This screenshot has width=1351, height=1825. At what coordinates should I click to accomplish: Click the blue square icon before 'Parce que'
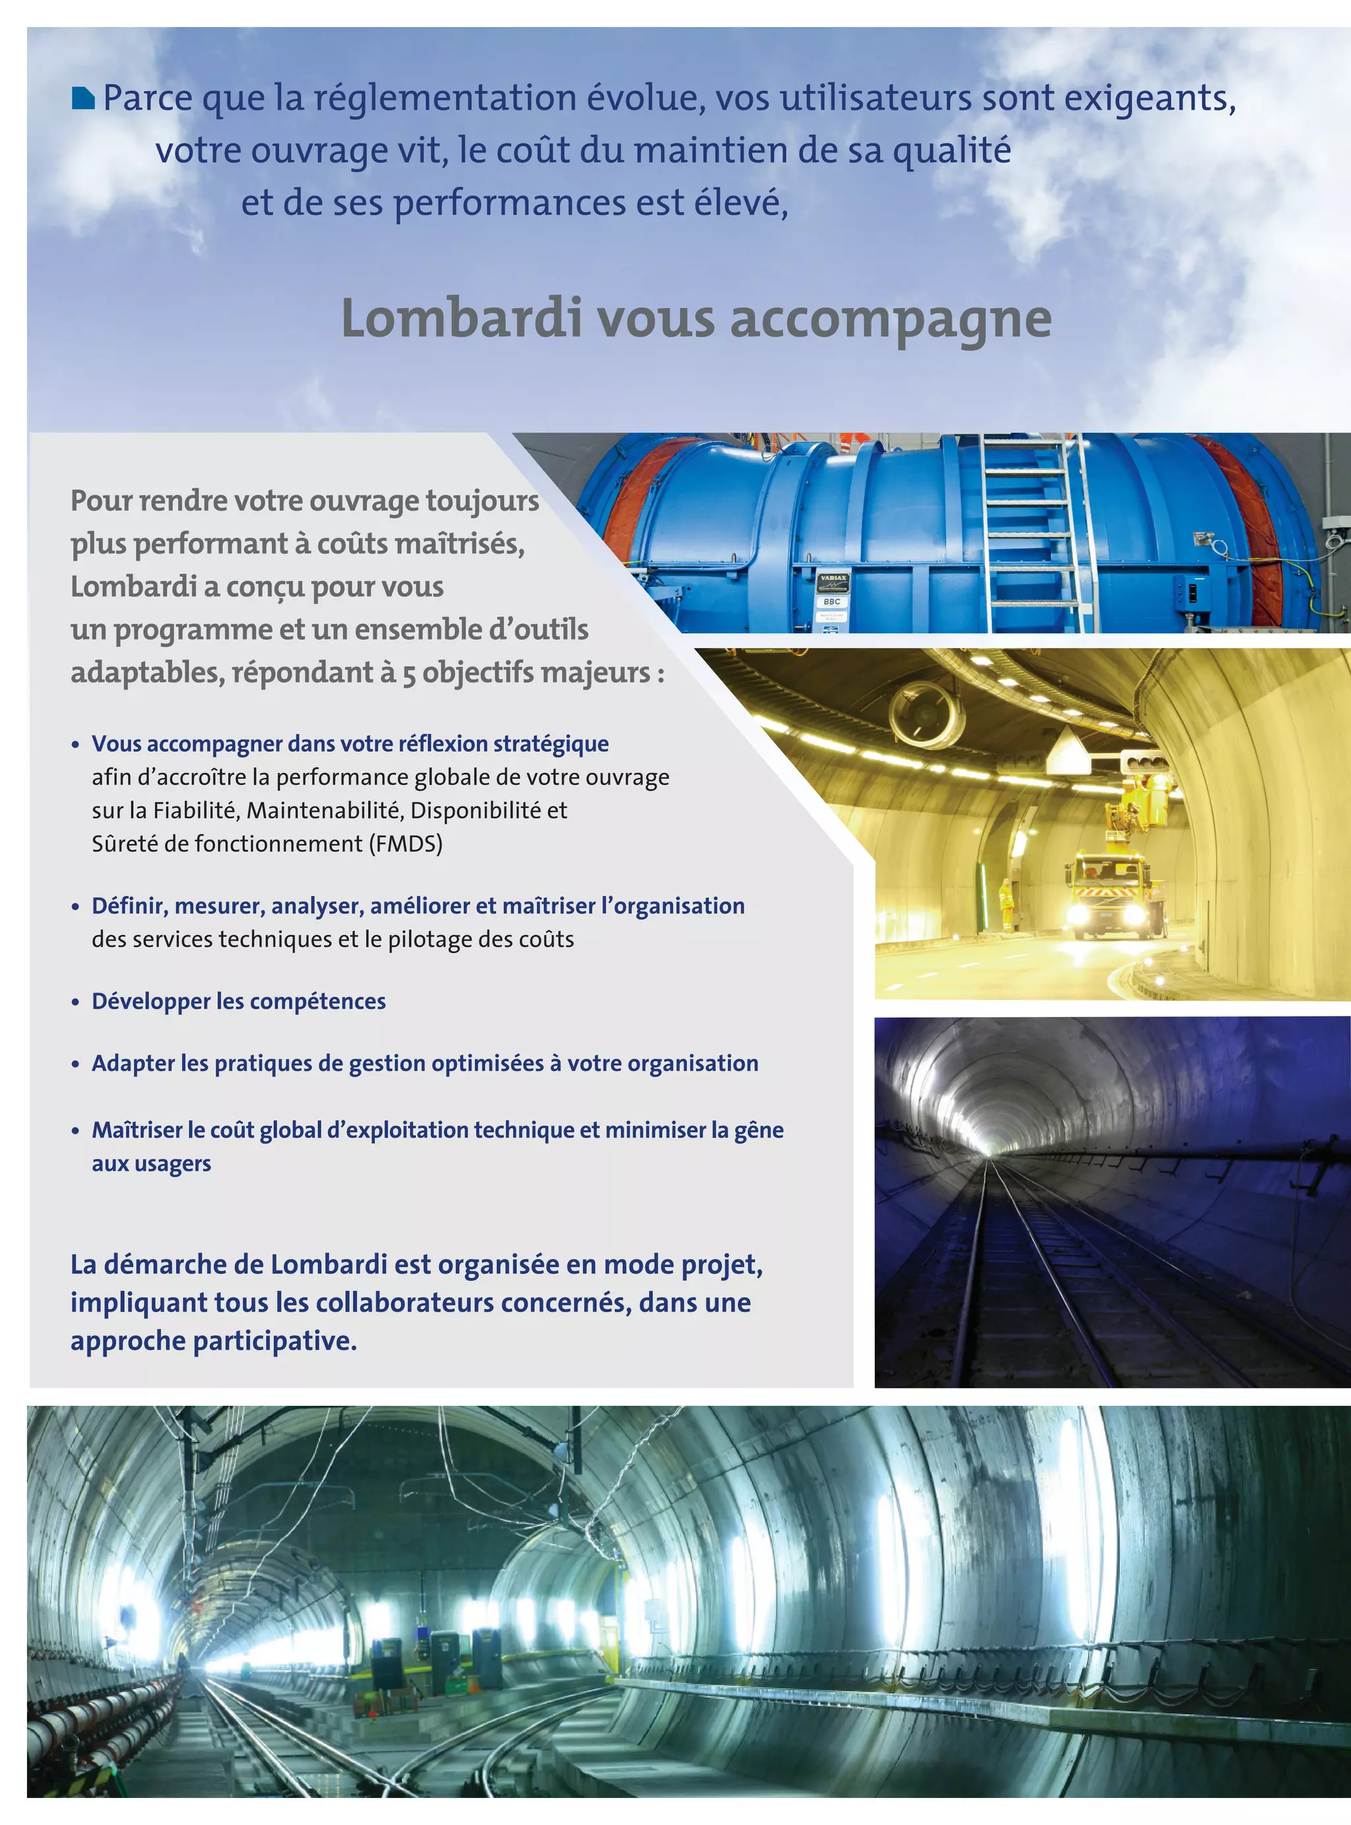83,99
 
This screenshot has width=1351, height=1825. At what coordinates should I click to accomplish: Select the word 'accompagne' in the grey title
891,319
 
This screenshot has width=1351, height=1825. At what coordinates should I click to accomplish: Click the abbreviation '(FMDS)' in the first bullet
406,844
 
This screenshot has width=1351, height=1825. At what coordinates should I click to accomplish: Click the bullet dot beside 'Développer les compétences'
75,1002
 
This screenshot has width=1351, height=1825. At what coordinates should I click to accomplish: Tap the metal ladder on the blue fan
1034,532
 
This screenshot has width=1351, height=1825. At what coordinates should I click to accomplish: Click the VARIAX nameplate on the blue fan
833,581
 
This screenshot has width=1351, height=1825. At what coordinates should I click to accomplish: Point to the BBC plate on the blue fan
832,601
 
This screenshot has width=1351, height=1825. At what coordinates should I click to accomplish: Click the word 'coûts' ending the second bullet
550,939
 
